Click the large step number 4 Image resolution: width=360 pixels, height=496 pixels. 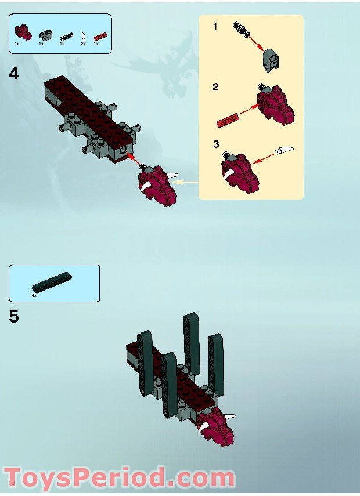14,74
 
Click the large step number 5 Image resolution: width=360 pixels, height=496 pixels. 14,317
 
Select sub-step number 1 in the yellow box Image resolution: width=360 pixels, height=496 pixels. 215,27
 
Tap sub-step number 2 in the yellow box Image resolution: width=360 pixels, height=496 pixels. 215,88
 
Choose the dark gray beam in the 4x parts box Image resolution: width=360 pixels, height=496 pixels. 52,281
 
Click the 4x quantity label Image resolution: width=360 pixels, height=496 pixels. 34,295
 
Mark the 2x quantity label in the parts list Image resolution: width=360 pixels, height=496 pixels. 83,44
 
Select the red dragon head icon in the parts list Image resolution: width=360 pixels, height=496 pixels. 22,31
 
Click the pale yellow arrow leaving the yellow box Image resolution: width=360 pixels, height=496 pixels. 186,182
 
